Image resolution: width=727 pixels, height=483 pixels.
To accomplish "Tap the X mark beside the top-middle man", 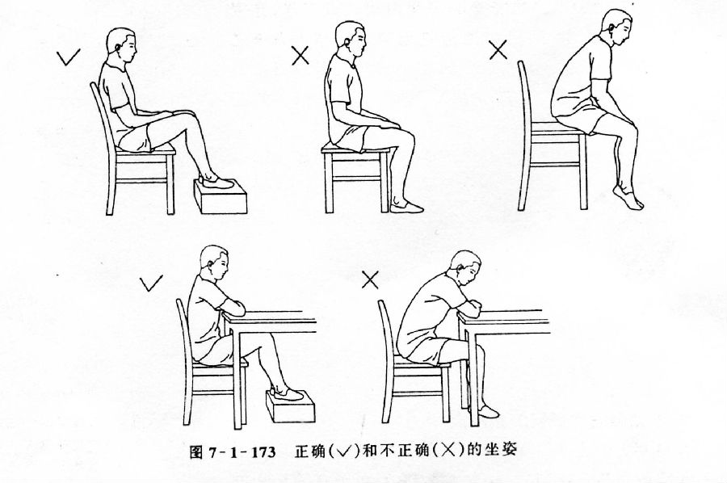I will [300, 55].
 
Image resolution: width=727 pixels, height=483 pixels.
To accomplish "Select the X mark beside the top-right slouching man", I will [498, 51].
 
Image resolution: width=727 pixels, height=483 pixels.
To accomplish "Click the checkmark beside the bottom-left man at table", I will [150, 283].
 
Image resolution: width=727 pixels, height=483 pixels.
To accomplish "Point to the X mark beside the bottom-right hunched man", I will [370, 279].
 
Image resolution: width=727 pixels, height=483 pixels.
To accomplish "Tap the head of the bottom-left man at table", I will [216, 263].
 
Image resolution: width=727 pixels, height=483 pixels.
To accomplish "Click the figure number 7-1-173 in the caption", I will [243, 451].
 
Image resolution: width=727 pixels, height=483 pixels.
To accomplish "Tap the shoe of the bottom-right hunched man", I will [487, 411].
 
